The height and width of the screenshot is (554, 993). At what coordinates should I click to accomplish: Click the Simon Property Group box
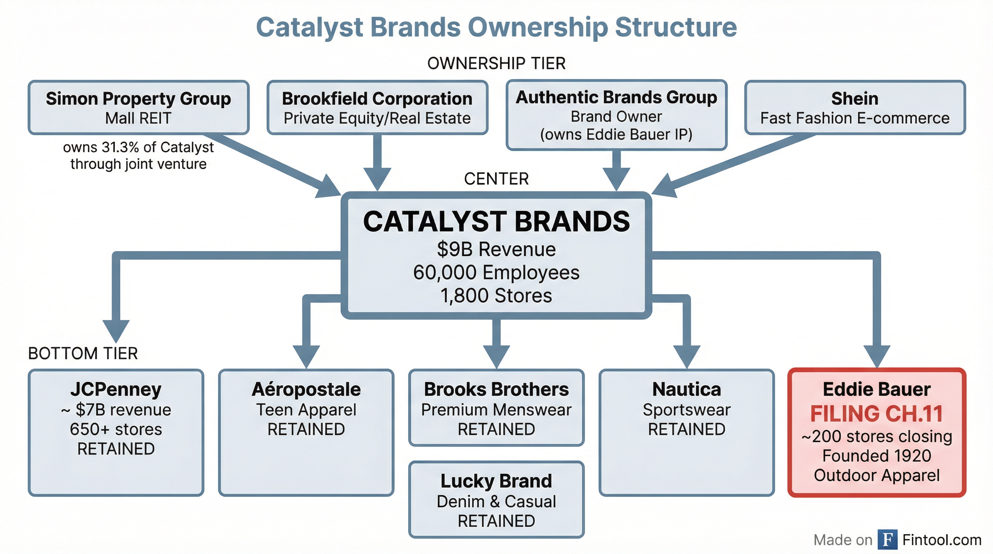(x=139, y=107)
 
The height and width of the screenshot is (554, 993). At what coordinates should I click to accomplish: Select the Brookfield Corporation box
(x=377, y=107)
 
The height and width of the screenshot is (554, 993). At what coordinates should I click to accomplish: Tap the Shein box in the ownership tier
(x=854, y=107)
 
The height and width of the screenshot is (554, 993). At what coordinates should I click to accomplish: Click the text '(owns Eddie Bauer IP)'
(x=616, y=135)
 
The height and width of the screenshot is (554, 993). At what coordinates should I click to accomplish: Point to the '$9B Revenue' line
(x=496, y=249)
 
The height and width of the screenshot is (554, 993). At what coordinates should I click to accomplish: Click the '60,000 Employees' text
(x=496, y=272)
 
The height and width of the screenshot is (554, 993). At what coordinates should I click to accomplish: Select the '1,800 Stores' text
(x=496, y=295)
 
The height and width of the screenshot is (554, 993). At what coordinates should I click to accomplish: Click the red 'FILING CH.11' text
(x=876, y=414)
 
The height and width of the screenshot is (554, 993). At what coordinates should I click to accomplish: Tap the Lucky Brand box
(x=496, y=499)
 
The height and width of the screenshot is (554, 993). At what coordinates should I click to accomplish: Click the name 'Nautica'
(x=687, y=389)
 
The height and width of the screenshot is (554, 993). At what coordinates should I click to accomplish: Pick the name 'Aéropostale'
(x=306, y=389)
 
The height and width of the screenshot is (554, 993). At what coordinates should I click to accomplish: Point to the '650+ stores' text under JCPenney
(x=115, y=429)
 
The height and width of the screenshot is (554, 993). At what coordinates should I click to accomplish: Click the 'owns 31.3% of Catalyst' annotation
(x=139, y=147)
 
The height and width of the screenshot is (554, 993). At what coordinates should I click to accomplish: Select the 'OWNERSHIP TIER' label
(x=496, y=63)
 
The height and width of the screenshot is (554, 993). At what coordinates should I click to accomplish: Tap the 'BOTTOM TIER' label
(x=83, y=353)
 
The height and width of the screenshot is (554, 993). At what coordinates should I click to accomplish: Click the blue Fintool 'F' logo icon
(x=887, y=539)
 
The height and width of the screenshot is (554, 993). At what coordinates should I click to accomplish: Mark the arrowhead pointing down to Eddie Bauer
(x=876, y=355)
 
